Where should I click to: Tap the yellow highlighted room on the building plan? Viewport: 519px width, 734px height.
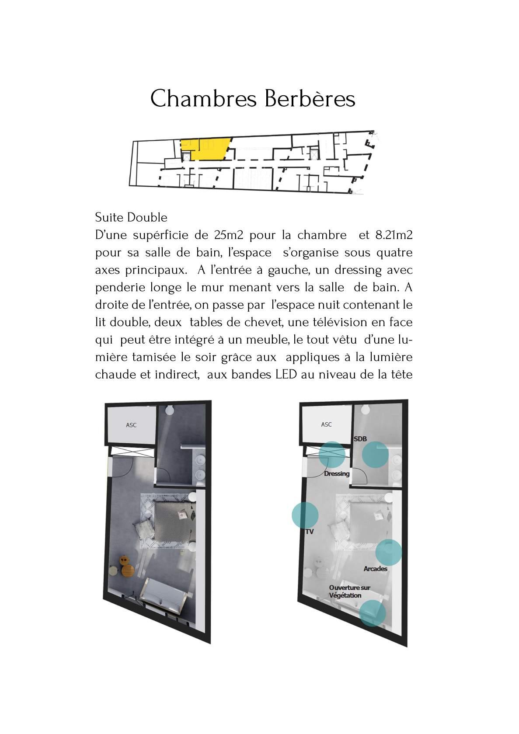point(206,149)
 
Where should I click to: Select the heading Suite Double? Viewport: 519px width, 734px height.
point(131,217)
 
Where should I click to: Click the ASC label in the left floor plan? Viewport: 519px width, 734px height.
point(131,425)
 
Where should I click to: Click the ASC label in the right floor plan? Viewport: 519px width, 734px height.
point(326,424)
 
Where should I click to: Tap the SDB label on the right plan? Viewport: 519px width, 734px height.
point(360,439)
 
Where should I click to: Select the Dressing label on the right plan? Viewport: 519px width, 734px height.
point(337,473)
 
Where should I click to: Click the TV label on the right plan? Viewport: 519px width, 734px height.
point(309,532)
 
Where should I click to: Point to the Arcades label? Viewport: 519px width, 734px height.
point(375,569)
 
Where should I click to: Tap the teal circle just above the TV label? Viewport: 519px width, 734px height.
point(305,515)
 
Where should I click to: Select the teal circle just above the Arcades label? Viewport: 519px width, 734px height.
point(389,552)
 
